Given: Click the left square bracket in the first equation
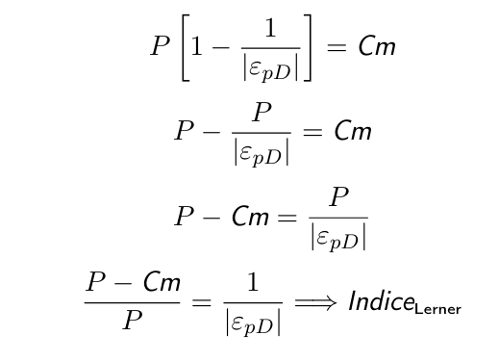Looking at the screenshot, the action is pos(183,47).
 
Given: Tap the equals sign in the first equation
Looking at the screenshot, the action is pos(337,47).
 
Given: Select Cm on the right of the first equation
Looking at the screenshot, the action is pos(377,46).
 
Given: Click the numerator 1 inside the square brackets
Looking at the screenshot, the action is pos(271,28).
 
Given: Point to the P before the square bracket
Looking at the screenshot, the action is pos(161,45).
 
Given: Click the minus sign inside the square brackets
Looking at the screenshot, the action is pos(221,48).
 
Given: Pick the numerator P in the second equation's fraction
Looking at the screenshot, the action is pos(262,112).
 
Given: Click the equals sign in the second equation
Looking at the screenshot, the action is pos(312,132).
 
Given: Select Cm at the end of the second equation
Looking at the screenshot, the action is pos(353,130).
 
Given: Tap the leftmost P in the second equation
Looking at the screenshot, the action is pos(185,130).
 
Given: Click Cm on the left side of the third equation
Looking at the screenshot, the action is pos(250,216).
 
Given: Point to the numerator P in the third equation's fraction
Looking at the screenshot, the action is pos(338,196).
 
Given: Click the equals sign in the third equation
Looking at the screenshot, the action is pos(287,218).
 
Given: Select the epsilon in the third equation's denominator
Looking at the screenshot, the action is pos(322,238).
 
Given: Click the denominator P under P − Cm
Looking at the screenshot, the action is pos(133,320).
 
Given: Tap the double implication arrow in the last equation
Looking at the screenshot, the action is pos(315,302).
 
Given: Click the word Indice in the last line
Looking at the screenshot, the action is pos(381,300).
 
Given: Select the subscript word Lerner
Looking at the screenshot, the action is pos(437,309).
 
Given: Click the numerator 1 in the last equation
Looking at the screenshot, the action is pos(253,282).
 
